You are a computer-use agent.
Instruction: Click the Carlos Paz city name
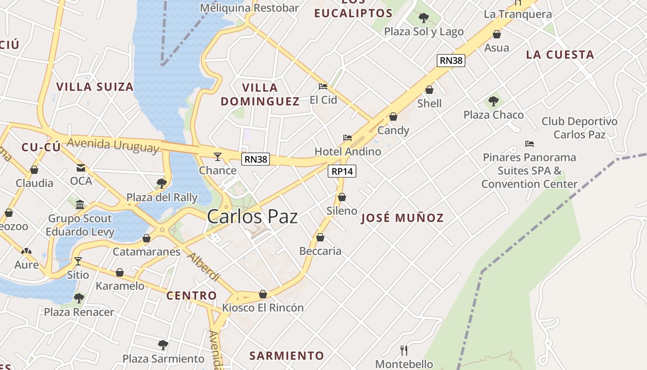(252, 216)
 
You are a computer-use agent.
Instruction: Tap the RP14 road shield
(342, 171)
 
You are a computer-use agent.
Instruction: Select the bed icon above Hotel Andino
(348, 138)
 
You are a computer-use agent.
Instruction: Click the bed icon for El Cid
(323, 86)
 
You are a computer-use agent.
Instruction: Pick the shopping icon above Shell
(429, 90)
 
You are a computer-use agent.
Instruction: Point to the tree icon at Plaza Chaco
(494, 101)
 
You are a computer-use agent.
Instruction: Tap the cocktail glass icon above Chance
(218, 156)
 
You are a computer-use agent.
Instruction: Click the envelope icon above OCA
(81, 167)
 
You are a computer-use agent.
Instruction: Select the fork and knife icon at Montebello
(404, 350)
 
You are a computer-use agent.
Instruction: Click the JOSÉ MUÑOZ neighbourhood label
(402, 218)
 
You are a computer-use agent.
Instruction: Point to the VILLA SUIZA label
(95, 86)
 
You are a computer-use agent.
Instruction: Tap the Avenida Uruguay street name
(113, 145)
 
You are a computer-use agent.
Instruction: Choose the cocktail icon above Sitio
(78, 261)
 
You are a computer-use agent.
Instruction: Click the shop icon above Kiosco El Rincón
(263, 294)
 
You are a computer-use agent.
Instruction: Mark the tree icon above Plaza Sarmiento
(163, 345)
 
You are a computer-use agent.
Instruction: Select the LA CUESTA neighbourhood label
(560, 55)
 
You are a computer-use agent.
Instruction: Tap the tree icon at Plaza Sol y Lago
(423, 18)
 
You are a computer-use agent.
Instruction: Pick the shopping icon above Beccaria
(320, 238)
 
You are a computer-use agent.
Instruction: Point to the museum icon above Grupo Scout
(80, 204)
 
